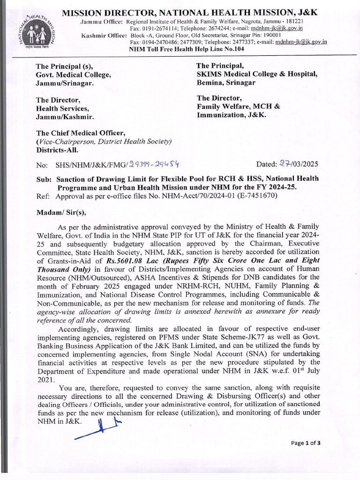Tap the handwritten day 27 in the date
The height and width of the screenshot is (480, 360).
click(285, 164)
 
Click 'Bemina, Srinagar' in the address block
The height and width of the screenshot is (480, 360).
click(226, 82)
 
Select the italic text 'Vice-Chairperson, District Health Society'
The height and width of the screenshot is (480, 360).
click(104, 142)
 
